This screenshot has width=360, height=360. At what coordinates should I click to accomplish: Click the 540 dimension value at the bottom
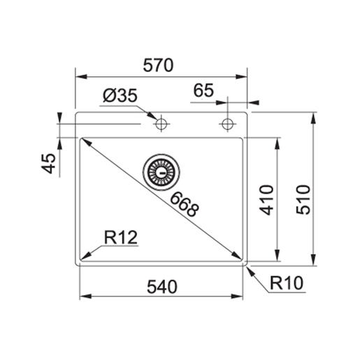pos(162,287)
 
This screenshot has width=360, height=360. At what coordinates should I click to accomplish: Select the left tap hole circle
pos(161,124)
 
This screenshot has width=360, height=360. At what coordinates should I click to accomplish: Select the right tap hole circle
pos(226,124)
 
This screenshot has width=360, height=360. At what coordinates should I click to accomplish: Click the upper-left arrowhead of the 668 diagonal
pos(85,140)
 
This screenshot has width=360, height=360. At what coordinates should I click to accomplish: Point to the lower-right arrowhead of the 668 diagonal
pos(238,257)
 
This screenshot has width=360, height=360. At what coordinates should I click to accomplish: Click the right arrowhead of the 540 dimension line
pos(240,298)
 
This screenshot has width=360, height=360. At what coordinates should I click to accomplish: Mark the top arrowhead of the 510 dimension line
pos(312,114)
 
